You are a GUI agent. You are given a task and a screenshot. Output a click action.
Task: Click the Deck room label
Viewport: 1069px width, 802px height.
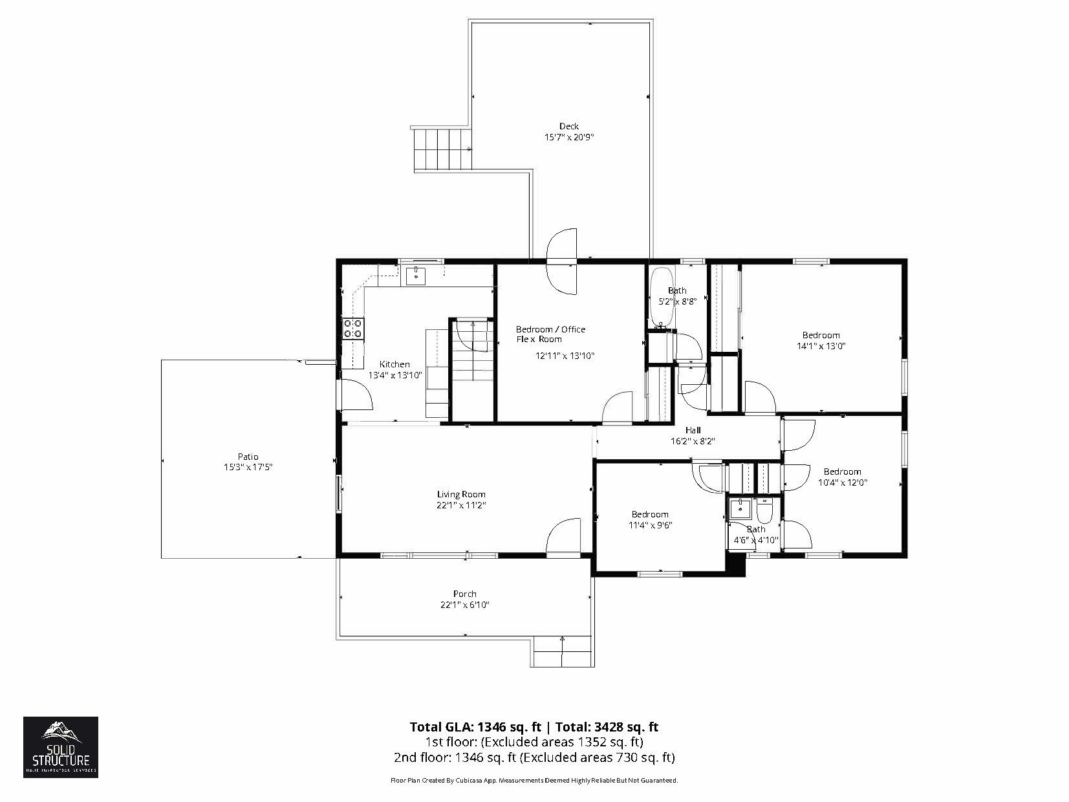tap(568, 126)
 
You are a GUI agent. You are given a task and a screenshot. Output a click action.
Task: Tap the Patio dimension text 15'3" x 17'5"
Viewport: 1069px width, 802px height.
tap(249, 467)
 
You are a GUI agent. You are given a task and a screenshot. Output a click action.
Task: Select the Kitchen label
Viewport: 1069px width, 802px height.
tap(394, 364)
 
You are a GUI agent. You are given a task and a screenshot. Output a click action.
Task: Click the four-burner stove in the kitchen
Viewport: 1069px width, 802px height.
tap(353, 329)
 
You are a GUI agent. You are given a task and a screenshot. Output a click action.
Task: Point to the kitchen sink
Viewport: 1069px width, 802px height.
tap(416, 275)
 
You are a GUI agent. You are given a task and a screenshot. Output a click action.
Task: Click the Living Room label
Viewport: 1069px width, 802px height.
tap(460, 494)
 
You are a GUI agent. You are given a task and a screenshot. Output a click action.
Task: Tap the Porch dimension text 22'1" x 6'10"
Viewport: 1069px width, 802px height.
tap(464, 605)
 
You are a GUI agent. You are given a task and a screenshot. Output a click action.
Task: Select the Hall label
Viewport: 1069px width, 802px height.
tap(693, 430)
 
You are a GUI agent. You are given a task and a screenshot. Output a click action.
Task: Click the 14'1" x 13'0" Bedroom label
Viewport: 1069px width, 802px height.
tap(821, 335)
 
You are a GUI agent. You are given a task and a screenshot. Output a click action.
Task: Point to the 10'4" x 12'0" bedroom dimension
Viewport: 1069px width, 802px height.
tap(842, 482)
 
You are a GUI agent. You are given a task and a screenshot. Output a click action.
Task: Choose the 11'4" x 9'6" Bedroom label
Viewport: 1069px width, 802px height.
tap(649, 514)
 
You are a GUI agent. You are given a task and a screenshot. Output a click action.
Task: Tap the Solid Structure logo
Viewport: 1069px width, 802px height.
tap(61, 746)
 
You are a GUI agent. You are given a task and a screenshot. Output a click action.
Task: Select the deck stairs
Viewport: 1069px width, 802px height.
tap(440, 149)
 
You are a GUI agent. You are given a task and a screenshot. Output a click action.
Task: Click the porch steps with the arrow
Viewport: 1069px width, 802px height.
tap(562, 651)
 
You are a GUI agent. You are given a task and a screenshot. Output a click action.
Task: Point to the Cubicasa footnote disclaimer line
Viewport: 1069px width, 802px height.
tap(534, 781)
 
